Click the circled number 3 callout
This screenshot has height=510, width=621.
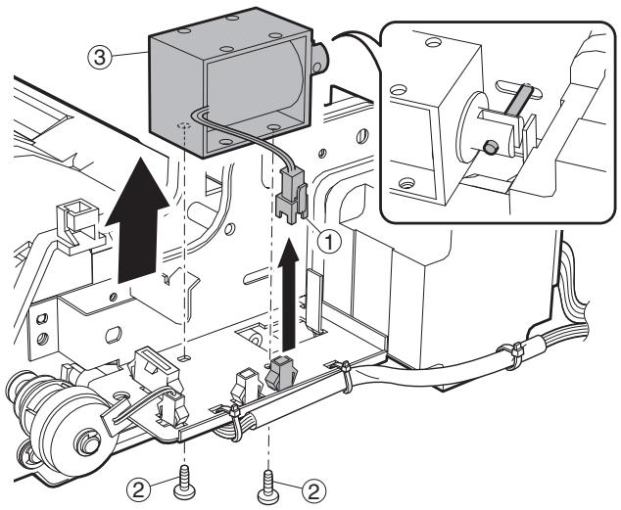(98, 58)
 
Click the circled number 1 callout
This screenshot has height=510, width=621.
(329, 242)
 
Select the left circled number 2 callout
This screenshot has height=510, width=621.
(138, 490)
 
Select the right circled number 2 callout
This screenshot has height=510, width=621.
(314, 491)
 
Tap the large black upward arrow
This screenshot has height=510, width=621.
(137, 219)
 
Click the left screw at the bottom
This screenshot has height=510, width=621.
(184, 482)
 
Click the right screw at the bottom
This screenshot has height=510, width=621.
(269, 487)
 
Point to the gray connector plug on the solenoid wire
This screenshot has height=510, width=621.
(291, 192)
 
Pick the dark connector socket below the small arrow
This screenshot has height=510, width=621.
(276, 372)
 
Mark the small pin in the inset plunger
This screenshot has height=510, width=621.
(491, 148)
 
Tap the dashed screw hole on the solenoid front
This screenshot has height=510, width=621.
(184, 126)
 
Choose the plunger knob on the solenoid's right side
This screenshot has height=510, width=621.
(318, 59)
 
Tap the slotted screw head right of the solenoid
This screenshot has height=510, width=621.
(361, 136)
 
